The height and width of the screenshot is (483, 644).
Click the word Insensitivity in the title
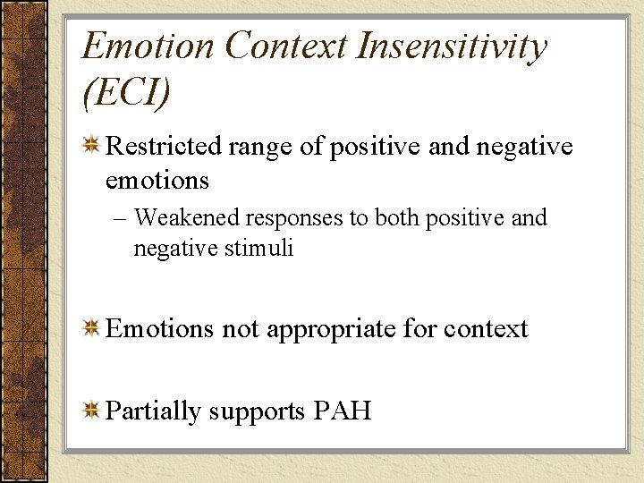pyautogui.click(x=452, y=46)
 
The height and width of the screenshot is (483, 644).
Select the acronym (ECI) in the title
pyautogui.click(x=125, y=92)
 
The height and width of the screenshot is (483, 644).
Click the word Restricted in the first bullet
pyautogui.click(x=163, y=147)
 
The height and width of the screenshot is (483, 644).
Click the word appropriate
pyautogui.click(x=331, y=330)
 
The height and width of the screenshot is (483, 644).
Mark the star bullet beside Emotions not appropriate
pyautogui.click(x=91, y=328)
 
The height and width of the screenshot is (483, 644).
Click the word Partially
pyautogui.click(x=153, y=411)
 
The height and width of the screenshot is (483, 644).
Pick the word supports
pyautogui.click(x=258, y=412)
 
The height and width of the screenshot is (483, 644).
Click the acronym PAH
pyautogui.click(x=343, y=411)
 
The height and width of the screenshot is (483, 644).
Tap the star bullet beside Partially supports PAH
pyautogui.click(x=91, y=410)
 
